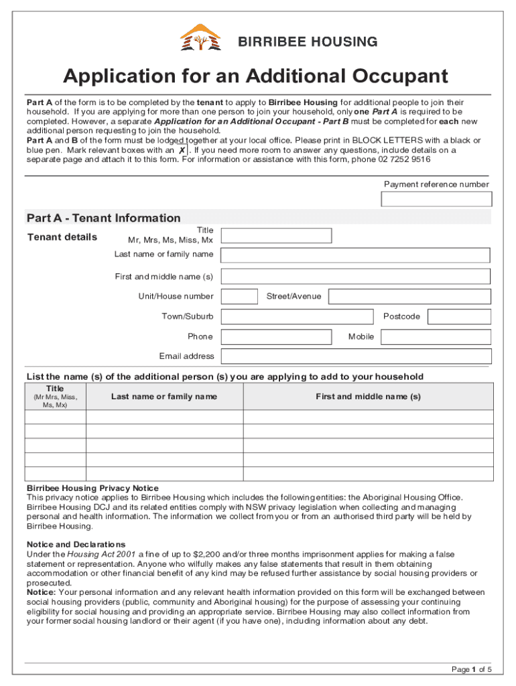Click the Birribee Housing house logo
tap(200, 38)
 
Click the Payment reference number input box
tap(436, 199)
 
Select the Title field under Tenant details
tap(276, 235)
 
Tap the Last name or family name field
tap(356, 255)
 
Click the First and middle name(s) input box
tap(356, 277)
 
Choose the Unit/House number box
tap(239, 297)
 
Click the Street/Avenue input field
tap(409, 297)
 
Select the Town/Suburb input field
tap(297, 317)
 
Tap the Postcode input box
tap(459, 317)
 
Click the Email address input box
tap(356, 356)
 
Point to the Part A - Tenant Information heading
tap(104, 218)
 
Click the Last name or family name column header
tap(164, 397)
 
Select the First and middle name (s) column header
tap(368, 397)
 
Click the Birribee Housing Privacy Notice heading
tap(92, 488)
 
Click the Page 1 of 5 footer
tap(472, 669)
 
